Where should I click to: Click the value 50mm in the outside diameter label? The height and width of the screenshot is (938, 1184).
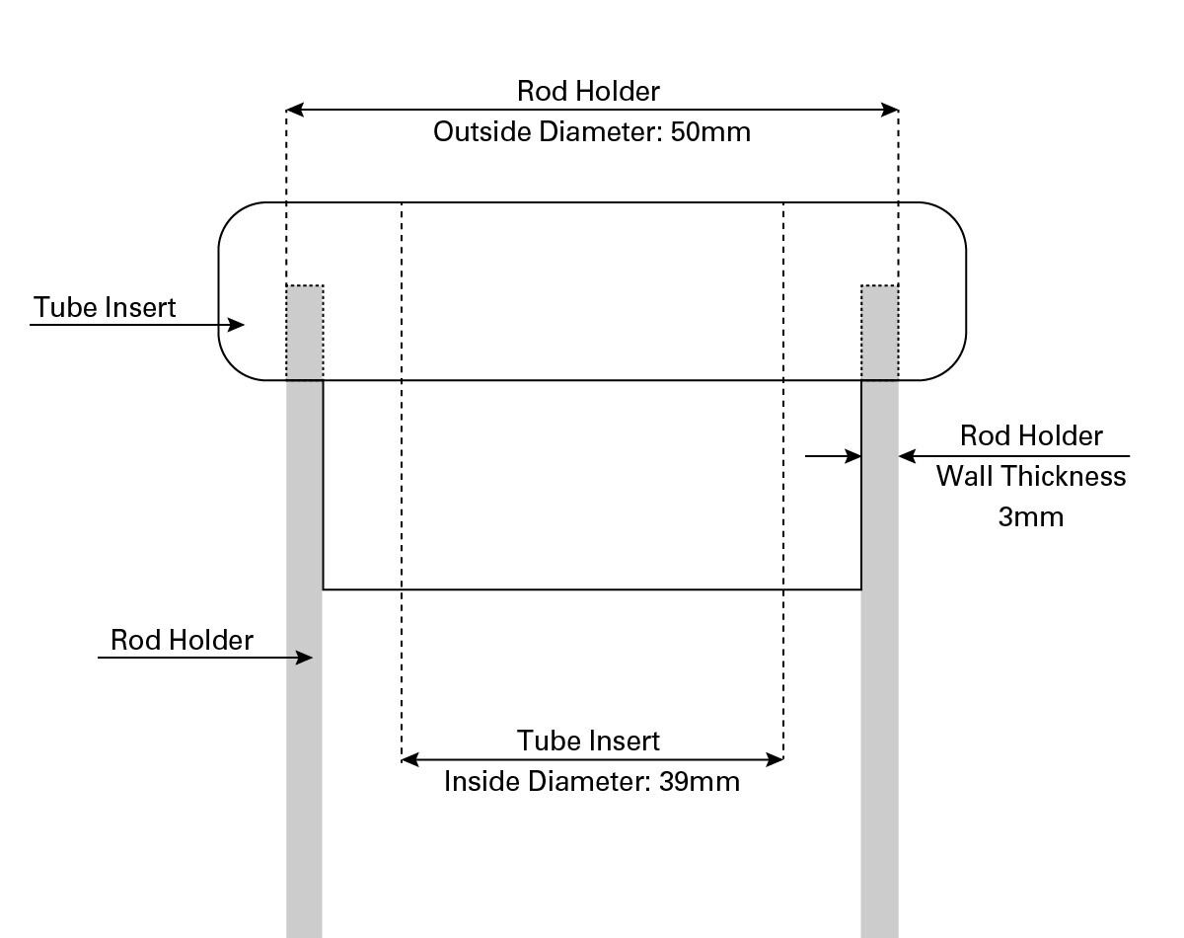[x=710, y=132]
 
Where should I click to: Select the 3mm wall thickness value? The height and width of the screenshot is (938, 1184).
[x=1031, y=517]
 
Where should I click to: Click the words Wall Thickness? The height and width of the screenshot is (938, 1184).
[x=1031, y=477]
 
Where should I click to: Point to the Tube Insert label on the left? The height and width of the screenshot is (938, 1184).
[x=106, y=308]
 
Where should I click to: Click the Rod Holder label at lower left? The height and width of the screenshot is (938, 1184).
[x=182, y=641]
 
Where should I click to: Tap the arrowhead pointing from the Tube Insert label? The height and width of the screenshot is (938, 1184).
[x=237, y=324]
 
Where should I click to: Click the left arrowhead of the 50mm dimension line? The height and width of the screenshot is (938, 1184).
[x=294, y=110]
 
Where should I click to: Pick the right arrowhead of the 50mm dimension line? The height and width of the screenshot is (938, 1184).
[x=890, y=110]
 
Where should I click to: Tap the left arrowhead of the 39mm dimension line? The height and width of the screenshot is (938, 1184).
[x=409, y=759]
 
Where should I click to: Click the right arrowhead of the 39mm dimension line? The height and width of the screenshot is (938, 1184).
[x=776, y=759]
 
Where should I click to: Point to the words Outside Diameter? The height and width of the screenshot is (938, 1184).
[x=547, y=132]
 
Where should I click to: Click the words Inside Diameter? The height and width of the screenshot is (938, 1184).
[x=546, y=782]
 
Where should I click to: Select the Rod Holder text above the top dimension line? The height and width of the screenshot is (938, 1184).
[x=588, y=92]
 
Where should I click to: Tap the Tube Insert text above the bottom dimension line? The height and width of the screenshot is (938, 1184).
[x=588, y=741]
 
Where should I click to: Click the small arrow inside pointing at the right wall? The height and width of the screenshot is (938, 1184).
[x=854, y=456]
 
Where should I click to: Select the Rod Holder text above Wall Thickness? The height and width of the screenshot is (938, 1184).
[x=1031, y=436]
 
